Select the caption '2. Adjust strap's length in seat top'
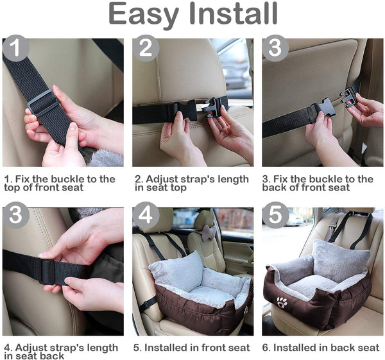pos(191,183)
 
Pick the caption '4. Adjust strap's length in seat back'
pos(60,352)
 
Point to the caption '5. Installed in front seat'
pos(192,348)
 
